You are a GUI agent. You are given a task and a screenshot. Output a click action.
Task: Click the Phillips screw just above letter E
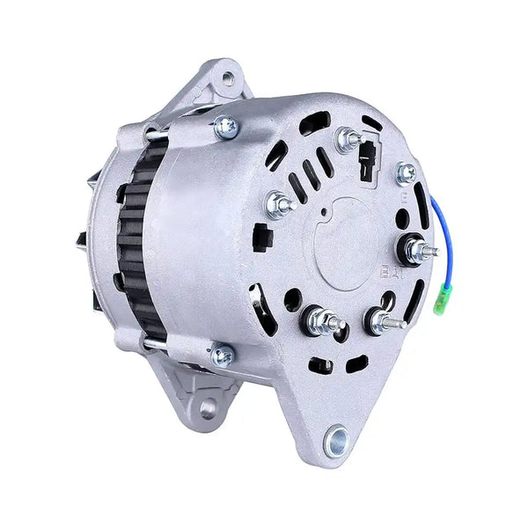(x=407, y=172)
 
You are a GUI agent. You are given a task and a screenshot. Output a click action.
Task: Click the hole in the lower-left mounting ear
(x=208, y=407)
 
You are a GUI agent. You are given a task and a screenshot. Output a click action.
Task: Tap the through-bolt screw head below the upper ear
(x=224, y=128)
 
